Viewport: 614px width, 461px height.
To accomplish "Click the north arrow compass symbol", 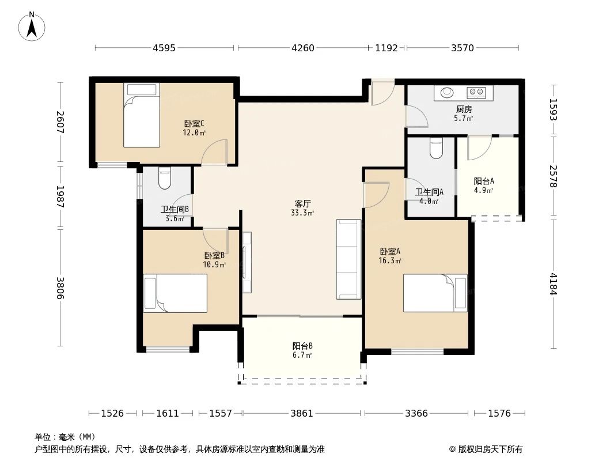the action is click(32, 27).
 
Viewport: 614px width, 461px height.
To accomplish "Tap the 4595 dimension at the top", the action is click(164, 48).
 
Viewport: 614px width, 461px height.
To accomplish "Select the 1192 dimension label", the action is click(386, 48).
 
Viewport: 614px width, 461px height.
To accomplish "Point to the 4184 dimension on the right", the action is click(553, 284).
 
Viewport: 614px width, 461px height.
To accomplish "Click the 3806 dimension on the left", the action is click(60, 288).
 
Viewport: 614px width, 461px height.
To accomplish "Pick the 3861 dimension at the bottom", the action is click(301, 413).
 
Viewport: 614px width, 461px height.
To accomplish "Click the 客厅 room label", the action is click(303, 203).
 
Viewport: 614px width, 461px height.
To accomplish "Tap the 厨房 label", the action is click(464, 109).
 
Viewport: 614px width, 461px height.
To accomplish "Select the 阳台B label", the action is click(302, 346).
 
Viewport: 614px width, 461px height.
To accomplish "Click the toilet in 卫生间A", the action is click(436, 148).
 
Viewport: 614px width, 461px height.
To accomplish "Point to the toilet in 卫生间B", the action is click(165, 178).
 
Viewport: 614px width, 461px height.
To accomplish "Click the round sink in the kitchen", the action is click(447, 92).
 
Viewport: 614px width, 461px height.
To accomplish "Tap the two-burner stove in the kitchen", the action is click(476, 92).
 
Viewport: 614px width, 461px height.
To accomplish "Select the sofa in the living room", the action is click(348, 259).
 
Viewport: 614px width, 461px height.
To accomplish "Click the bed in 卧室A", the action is click(435, 293).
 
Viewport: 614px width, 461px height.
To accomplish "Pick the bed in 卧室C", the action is click(142, 115).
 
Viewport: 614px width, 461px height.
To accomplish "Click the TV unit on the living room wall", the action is click(247, 262).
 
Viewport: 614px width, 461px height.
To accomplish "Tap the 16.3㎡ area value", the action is click(389, 260).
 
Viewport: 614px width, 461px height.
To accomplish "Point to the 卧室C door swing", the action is click(214, 152).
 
